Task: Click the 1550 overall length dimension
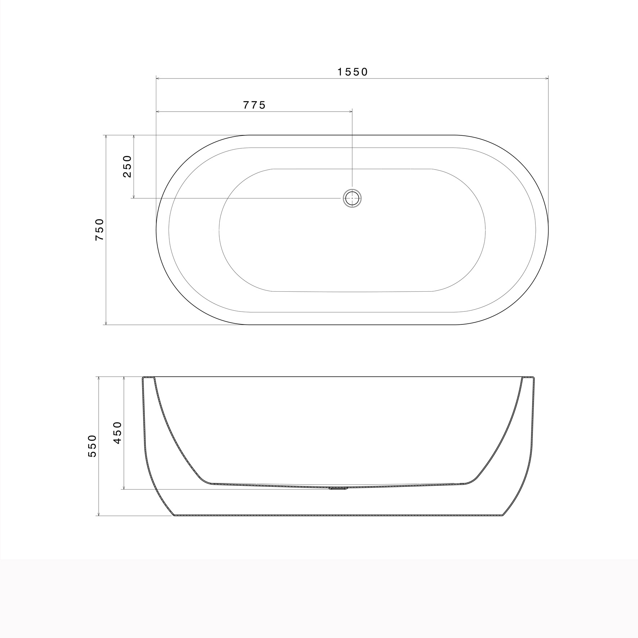[x=353, y=72]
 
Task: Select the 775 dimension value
[x=255, y=105]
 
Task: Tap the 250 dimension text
[x=127, y=166]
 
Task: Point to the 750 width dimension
[x=99, y=230]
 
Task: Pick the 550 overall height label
[x=93, y=446]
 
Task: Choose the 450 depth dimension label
[x=118, y=433]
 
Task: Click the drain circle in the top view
[x=352, y=198]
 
